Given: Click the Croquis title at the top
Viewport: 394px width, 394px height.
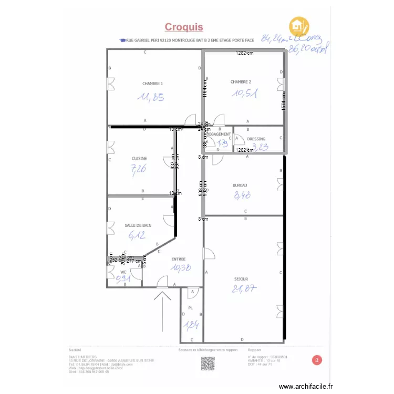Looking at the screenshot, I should [x=184, y=27].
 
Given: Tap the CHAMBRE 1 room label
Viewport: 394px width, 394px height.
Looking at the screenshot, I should [x=152, y=84].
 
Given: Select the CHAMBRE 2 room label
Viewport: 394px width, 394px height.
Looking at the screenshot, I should [x=241, y=82].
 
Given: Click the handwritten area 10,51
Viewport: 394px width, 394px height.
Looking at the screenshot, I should [x=244, y=94].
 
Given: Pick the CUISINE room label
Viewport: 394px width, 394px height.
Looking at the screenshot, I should [x=139, y=158].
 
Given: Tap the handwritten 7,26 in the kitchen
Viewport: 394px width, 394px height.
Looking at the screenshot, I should [x=138, y=169].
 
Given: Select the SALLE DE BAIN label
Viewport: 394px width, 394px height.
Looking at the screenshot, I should [x=138, y=225].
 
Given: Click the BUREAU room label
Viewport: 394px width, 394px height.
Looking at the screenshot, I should [x=240, y=185].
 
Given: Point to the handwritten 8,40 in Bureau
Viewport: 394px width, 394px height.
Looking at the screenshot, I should [x=242, y=196].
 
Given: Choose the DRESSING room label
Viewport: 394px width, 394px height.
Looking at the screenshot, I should [x=256, y=139].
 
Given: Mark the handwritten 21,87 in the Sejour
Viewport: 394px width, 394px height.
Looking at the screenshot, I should [x=244, y=288].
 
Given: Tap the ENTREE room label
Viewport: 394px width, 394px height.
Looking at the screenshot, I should [x=179, y=259].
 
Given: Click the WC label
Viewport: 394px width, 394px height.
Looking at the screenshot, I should [x=123, y=272].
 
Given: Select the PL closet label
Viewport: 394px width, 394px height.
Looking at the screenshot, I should [x=190, y=308].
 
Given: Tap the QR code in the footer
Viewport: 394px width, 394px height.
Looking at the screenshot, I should [x=208, y=363].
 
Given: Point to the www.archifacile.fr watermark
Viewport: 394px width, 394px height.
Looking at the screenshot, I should [x=306, y=386].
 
